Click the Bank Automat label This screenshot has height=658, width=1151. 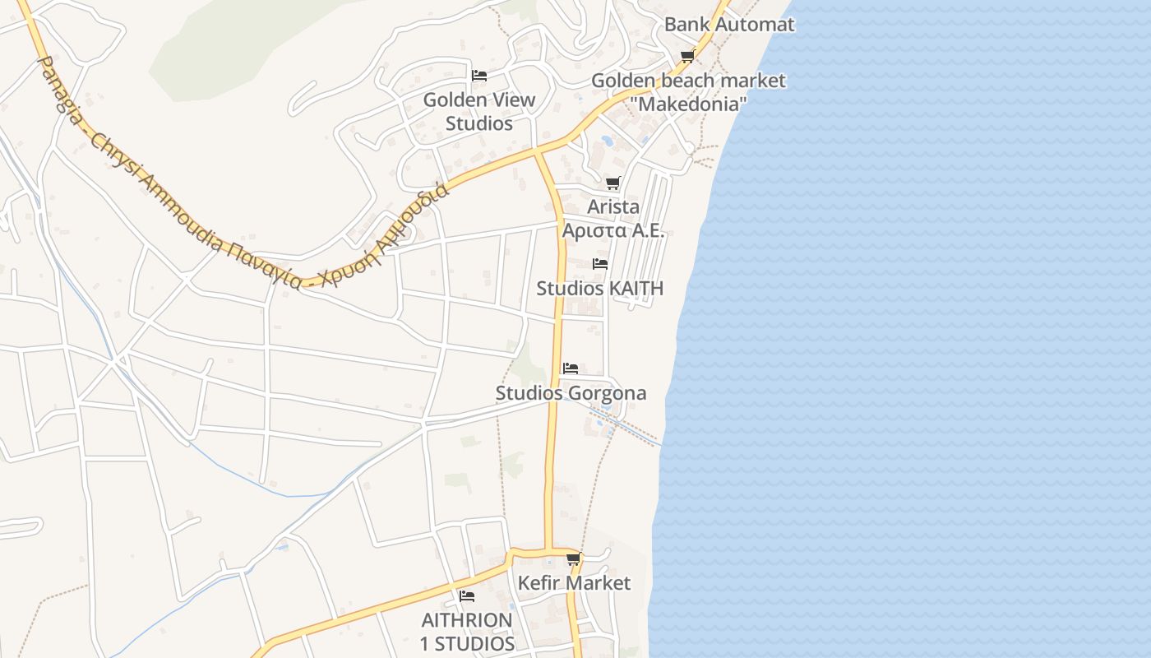pyautogui.click(x=729, y=25)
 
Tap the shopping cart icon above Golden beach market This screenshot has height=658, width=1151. pyautogui.click(x=687, y=57)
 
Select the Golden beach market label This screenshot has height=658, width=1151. pyautogui.click(x=688, y=81)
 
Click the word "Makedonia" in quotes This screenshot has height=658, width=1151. pyautogui.click(x=691, y=104)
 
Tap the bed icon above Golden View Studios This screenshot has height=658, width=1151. pyautogui.click(x=479, y=76)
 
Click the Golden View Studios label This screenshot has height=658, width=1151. pyautogui.click(x=479, y=112)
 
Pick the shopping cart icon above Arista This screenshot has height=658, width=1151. pyautogui.click(x=612, y=183)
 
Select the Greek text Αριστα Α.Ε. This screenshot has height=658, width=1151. pyautogui.click(x=612, y=231)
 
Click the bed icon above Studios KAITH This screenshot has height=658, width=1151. pyautogui.click(x=600, y=264)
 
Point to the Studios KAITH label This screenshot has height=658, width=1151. pyautogui.click(x=599, y=289)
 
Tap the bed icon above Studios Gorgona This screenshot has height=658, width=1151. pyautogui.click(x=571, y=368)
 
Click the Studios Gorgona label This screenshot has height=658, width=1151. pyautogui.click(x=571, y=393)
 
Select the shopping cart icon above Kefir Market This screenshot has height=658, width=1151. pyautogui.click(x=574, y=559)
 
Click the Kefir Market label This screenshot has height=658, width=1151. pyautogui.click(x=574, y=583)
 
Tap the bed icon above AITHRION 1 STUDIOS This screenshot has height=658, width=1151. pyautogui.click(x=467, y=595)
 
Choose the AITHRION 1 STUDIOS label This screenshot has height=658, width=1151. pyautogui.click(x=467, y=632)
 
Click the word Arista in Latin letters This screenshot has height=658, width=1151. pyautogui.click(x=612, y=207)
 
